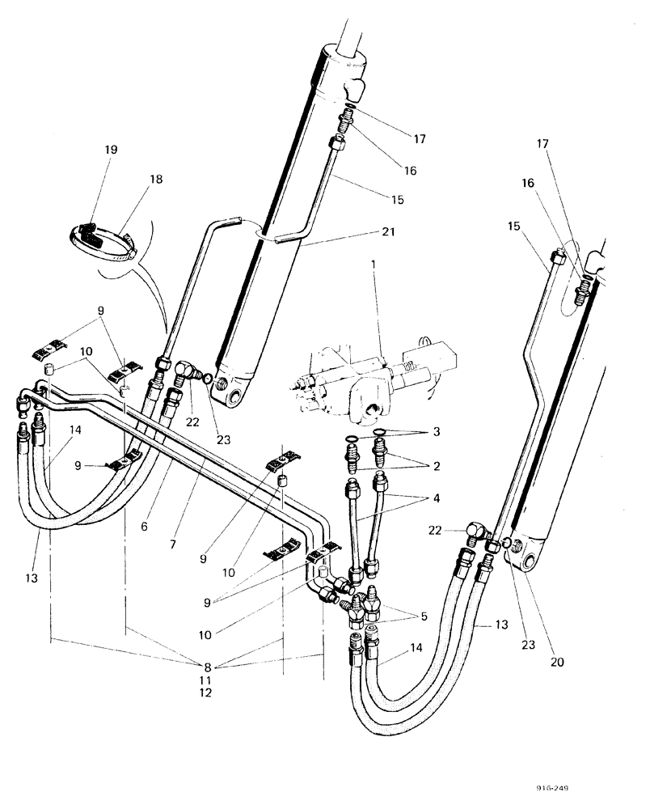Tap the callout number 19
tap(111, 149)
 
